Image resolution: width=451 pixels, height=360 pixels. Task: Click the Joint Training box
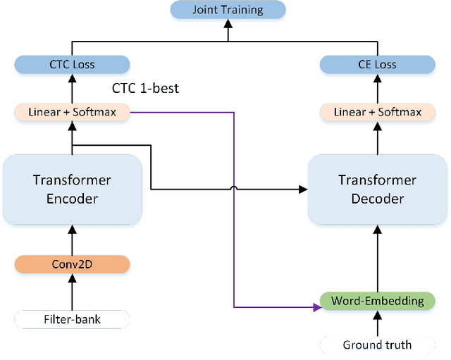[x=228, y=10]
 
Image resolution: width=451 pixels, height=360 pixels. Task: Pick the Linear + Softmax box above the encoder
[x=72, y=111]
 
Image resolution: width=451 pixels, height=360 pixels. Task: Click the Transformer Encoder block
[x=72, y=189]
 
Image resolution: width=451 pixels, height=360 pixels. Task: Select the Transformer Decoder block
[x=378, y=189]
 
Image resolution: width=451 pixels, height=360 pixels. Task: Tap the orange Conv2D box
[x=72, y=265]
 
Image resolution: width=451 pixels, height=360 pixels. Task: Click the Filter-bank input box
[x=72, y=320]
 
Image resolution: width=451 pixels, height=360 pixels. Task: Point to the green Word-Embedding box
[x=378, y=301]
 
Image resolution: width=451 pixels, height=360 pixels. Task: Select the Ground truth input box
[x=378, y=345]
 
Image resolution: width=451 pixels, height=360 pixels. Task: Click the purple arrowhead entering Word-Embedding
[x=316, y=307]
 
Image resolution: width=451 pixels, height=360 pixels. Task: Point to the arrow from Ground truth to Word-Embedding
[x=378, y=323]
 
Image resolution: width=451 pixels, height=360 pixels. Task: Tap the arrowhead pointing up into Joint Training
[x=228, y=24]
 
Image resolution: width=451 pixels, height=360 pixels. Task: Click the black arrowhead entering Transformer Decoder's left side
[x=303, y=189]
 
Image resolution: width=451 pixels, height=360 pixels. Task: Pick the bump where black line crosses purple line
[x=234, y=187]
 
